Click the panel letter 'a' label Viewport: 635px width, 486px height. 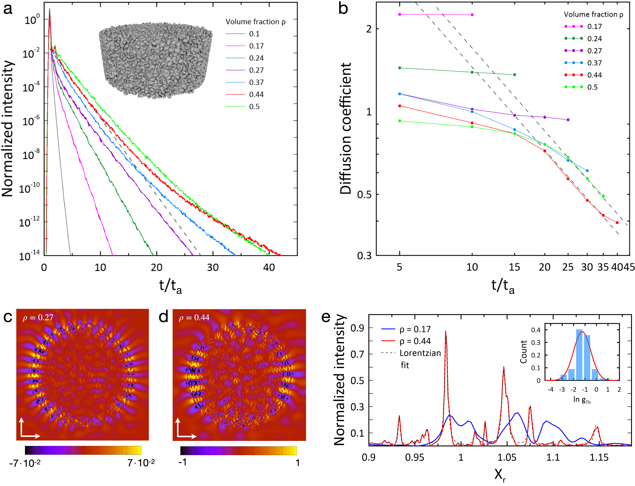tap(8, 9)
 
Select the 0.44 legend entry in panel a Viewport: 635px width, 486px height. tap(256, 95)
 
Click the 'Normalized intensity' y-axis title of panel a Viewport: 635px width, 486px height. tap(8, 129)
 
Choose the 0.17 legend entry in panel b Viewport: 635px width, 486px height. tap(594, 27)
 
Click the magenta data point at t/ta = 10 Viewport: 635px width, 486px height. tap(472, 15)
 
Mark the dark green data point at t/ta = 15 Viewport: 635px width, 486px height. tap(514, 75)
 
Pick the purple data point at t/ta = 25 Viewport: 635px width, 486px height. tap(568, 120)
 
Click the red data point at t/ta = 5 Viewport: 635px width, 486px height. tap(400, 106)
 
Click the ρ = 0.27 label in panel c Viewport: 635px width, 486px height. tap(38, 318)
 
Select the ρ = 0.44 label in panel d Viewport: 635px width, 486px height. tap(194, 318)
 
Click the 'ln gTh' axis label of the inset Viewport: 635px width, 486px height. tap(582, 400)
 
